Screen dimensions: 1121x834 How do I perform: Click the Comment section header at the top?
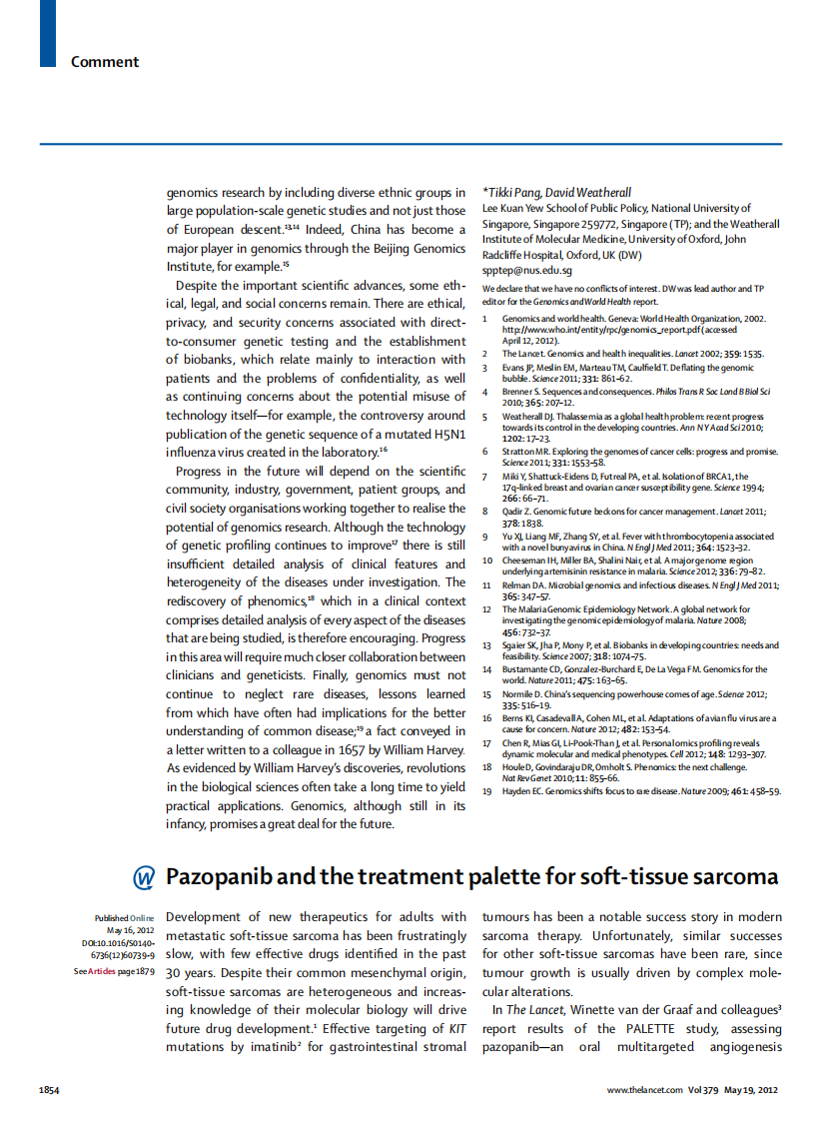[104, 62]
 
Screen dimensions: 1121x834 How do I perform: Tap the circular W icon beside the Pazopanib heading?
[144, 877]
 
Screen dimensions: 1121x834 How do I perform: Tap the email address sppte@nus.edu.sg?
[526, 270]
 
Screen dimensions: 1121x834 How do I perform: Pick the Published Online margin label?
[125, 917]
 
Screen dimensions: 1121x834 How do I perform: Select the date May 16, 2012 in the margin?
[131, 930]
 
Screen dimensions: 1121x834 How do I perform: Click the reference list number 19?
[486, 790]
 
